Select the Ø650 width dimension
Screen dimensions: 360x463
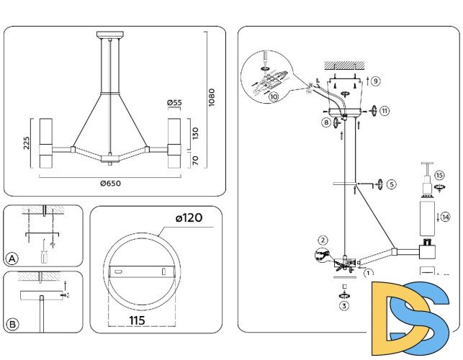pos(111,183)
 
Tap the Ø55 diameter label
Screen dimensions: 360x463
pos(174,103)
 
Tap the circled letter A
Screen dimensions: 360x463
pos(12,258)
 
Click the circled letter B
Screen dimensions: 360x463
pos(12,324)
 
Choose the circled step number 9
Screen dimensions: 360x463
pos(376,80)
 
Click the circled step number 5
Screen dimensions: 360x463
pos(391,184)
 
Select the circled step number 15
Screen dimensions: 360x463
pos(439,175)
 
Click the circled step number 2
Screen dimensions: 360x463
pos(323,240)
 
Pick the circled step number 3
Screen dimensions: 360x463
pos(344,306)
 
